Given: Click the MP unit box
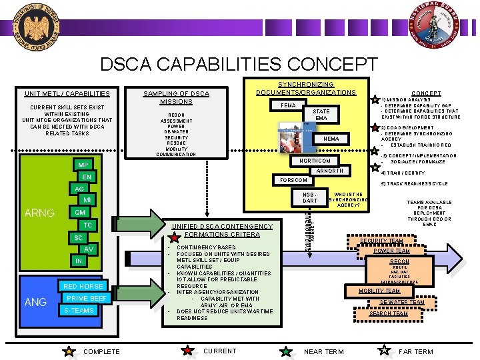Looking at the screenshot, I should (x=83, y=165).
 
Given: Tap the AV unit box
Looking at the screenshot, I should (x=88, y=249).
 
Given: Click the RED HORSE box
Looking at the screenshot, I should (x=83, y=286).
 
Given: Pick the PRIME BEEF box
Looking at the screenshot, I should (x=87, y=298).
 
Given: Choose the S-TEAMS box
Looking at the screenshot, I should (x=79, y=310).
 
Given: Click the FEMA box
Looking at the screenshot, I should (x=289, y=105).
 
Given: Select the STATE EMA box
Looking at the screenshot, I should (x=321, y=115).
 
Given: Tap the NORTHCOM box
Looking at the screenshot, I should (x=314, y=161).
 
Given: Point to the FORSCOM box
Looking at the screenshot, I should (x=293, y=180).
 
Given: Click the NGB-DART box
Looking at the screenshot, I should (x=310, y=197).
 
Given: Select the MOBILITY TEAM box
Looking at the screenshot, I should (x=379, y=291).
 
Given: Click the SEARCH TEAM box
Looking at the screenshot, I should (x=389, y=313).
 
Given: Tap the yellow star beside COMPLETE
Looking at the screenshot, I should (x=69, y=351).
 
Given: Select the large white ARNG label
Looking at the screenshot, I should (x=39, y=213).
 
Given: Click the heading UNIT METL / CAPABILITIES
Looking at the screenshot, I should (x=67, y=93).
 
